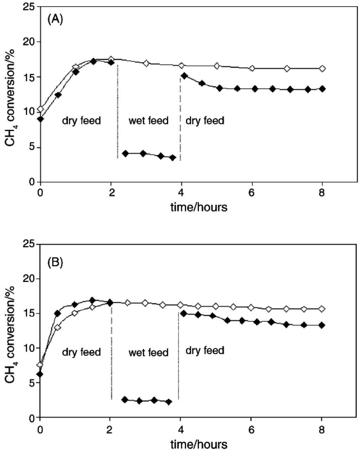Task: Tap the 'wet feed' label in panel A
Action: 149,121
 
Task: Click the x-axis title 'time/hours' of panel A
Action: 199,207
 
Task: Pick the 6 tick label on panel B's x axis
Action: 251,429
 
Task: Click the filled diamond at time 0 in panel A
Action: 41,119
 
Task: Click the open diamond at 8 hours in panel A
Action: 322,68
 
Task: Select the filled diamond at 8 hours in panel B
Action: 322,325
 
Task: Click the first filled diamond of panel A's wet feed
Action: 126,153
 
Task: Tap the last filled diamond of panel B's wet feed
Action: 169,402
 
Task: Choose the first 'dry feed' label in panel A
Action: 82,121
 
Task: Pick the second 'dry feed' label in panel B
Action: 205,350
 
